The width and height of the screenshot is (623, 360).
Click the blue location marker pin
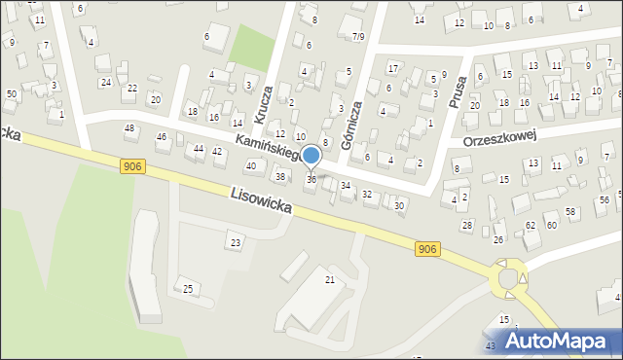tap(311, 156)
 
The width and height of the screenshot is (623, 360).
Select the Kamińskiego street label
tap(269, 151)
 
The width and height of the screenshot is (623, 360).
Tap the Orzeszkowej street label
tap(501, 138)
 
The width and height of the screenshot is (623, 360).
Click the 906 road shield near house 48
tap(134, 167)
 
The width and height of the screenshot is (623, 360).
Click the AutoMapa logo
tap(549, 341)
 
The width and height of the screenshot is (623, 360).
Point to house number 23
tap(235, 241)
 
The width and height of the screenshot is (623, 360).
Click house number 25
tap(188, 289)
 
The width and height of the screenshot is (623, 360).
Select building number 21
tap(330, 280)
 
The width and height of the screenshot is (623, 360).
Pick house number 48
tap(129, 128)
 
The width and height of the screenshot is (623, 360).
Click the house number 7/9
tap(358, 36)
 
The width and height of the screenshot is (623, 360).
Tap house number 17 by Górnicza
tap(392, 68)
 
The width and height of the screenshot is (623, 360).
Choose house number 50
tap(12, 93)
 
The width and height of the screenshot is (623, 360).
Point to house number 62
tap(531, 225)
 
